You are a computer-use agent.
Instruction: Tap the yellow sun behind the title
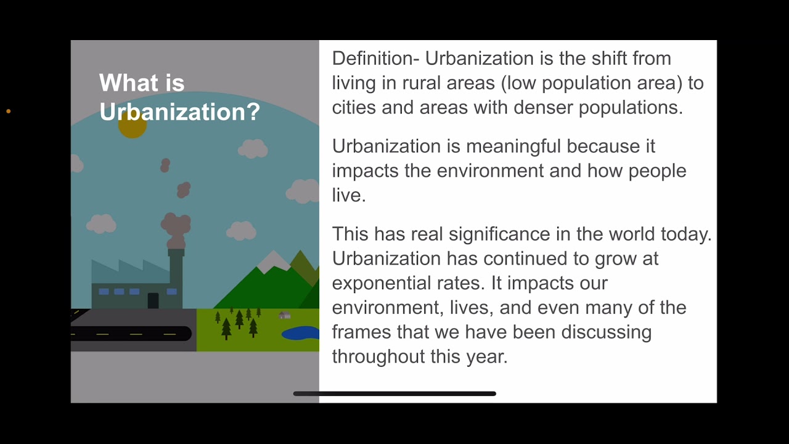point(132,126)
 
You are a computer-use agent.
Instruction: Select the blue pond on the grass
point(301,333)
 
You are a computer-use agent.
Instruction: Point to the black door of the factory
point(153,300)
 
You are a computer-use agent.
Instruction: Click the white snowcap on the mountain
point(272,261)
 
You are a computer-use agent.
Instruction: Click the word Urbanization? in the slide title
point(179,112)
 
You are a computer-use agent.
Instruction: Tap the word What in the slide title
point(128,83)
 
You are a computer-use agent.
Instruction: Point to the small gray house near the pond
point(284,315)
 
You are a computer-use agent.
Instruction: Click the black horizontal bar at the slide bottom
point(394,393)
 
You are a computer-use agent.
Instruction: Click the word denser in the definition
point(542,108)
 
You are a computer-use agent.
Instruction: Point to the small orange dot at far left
point(9,112)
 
